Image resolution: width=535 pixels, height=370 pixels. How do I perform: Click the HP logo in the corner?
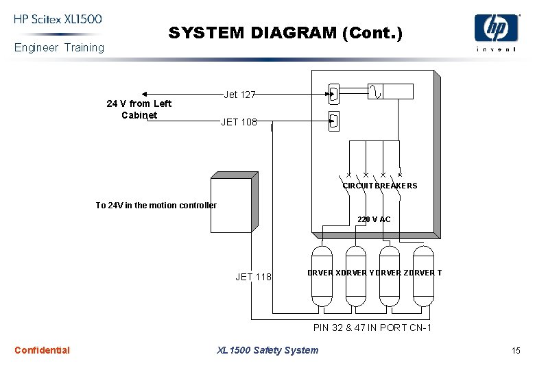pyautogui.click(x=496, y=29)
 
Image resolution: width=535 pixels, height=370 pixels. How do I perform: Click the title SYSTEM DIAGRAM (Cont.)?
pyautogui.click(x=285, y=32)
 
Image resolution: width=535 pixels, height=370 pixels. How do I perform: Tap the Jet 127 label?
pyautogui.click(x=239, y=95)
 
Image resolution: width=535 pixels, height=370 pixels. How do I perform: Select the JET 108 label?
pyautogui.click(x=239, y=123)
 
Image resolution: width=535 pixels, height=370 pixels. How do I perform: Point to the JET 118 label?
pyautogui.click(x=253, y=277)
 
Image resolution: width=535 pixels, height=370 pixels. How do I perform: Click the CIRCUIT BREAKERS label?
pyautogui.click(x=380, y=186)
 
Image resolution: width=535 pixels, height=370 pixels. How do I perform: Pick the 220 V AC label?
pyautogui.click(x=374, y=219)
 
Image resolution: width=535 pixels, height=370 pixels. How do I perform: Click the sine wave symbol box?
pyautogui.click(x=374, y=91)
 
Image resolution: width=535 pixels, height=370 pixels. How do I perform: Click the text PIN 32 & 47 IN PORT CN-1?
pyautogui.click(x=372, y=328)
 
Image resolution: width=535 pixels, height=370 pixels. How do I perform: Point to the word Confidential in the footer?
pyautogui.click(x=42, y=350)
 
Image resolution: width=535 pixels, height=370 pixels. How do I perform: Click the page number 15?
pyautogui.click(x=516, y=351)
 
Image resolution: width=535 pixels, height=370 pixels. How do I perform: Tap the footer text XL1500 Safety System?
pyautogui.click(x=267, y=350)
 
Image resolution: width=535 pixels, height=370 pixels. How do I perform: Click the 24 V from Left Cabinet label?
pyautogui.click(x=139, y=109)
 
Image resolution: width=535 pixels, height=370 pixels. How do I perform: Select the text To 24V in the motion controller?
pyautogui.click(x=156, y=206)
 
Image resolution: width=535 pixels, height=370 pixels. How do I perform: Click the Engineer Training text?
pyautogui.click(x=60, y=47)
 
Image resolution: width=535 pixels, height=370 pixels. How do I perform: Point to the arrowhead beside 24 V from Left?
pyautogui.click(x=145, y=94)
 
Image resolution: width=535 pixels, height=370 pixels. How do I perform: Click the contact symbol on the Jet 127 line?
pyautogui.click(x=334, y=94)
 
